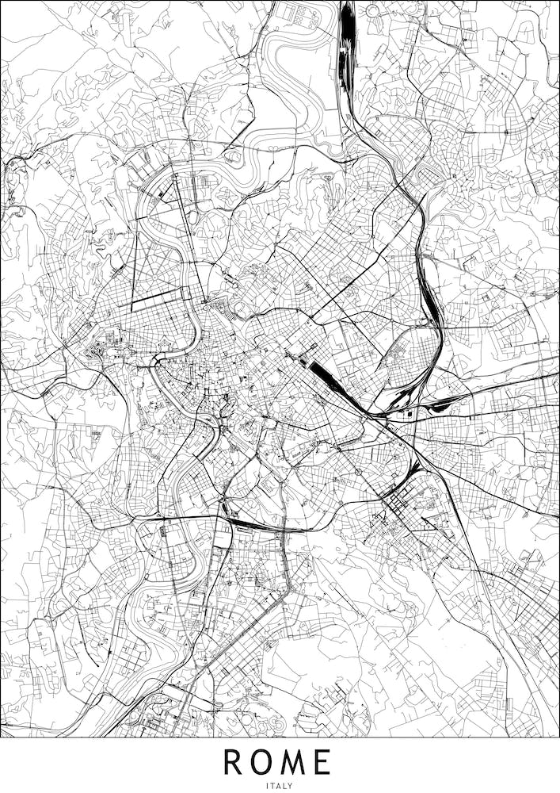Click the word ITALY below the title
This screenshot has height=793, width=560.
(x=280, y=785)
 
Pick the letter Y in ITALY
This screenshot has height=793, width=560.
(x=291, y=785)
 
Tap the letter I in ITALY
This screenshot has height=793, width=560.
(x=269, y=785)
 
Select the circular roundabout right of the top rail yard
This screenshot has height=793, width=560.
(x=372, y=11)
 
